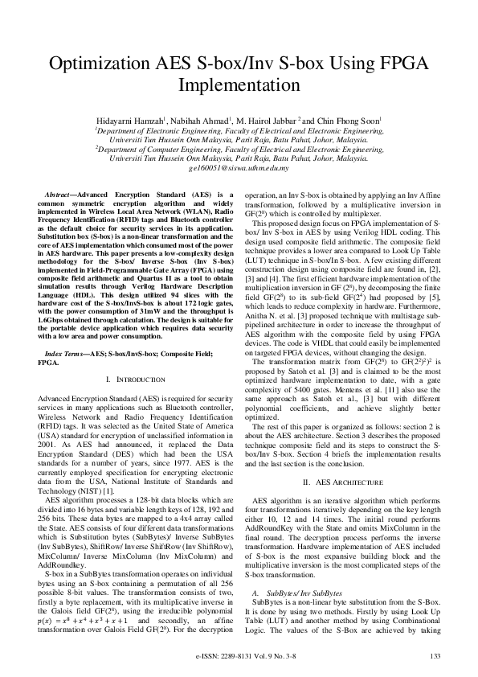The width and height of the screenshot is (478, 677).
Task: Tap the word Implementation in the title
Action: [x=239, y=87]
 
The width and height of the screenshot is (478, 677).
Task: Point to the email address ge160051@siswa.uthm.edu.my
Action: [x=239, y=169]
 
